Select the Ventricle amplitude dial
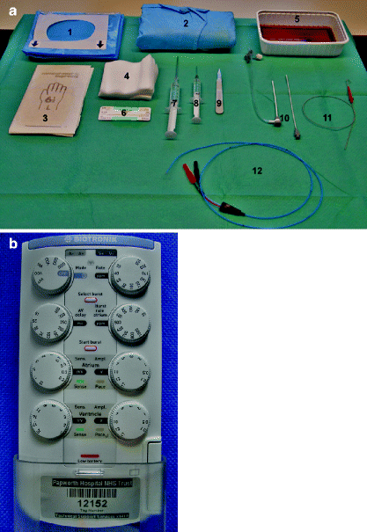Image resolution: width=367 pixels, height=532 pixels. point(132,421)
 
